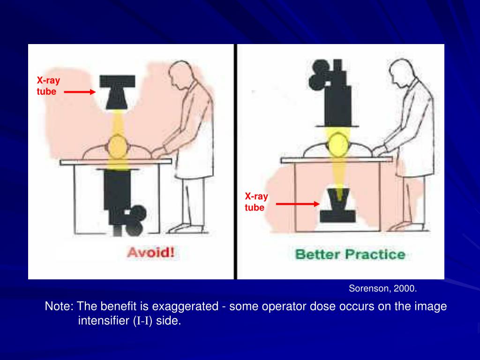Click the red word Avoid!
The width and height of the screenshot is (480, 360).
(150, 253)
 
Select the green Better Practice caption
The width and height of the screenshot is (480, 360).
(350, 255)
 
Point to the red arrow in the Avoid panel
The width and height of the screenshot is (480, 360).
(80, 91)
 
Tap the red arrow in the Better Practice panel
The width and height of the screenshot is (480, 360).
(298, 204)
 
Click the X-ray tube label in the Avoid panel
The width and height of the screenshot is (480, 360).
(48, 86)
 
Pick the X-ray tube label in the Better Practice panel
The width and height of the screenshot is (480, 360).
(256, 202)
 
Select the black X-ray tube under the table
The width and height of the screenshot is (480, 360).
(338, 205)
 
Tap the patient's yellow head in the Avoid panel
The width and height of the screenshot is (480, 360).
(118, 147)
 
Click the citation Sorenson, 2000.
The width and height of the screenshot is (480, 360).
(382, 288)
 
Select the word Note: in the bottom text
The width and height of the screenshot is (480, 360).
(59, 306)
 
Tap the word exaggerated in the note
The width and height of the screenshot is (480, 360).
(185, 307)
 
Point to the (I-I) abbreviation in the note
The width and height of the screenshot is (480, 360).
(142, 321)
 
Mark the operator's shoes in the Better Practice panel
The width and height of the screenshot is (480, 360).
(407, 227)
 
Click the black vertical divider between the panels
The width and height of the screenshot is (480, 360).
(235, 162)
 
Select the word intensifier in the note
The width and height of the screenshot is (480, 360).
(104, 321)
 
